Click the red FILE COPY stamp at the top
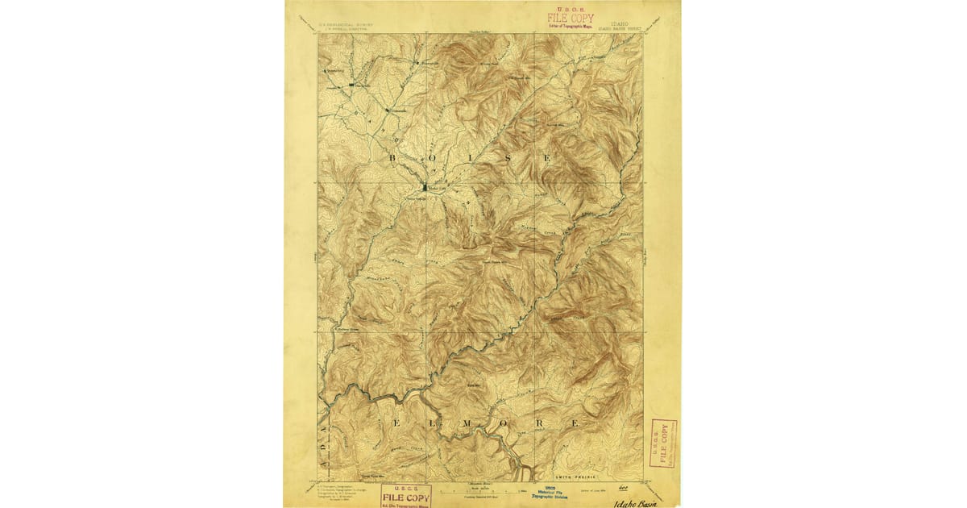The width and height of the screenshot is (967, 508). [x=571, y=18]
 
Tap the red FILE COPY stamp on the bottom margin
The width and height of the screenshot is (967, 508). [x=406, y=494]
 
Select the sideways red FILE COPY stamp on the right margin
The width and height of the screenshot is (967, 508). [x=663, y=443]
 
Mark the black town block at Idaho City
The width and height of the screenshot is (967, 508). [x=425, y=187]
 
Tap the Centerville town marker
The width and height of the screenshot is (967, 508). [x=387, y=110]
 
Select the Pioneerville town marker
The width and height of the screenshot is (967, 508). [x=417, y=61]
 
